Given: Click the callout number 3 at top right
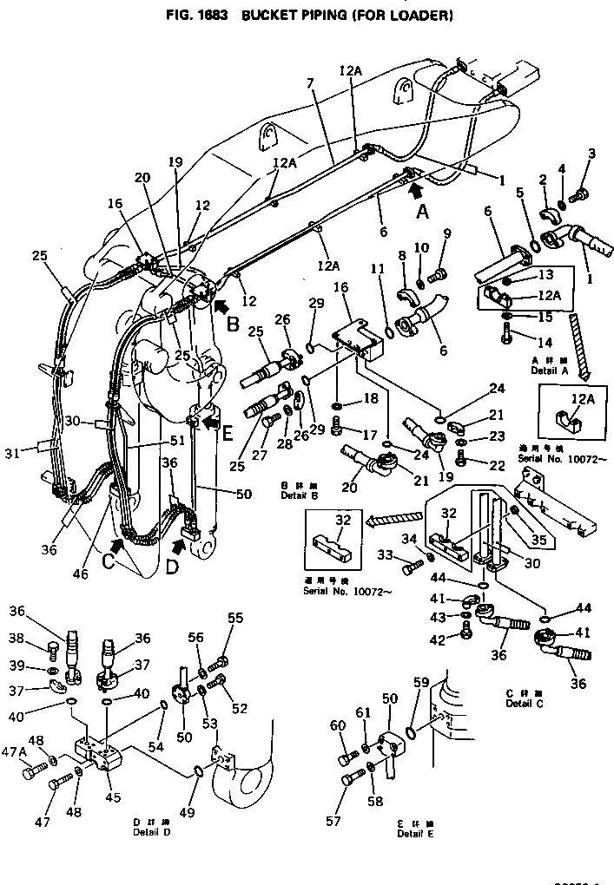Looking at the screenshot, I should [x=592, y=154].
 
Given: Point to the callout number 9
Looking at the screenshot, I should [x=447, y=233].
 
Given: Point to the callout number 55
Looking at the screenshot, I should [x=236, y=618].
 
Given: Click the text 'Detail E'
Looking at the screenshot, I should [x=416, y=834].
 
